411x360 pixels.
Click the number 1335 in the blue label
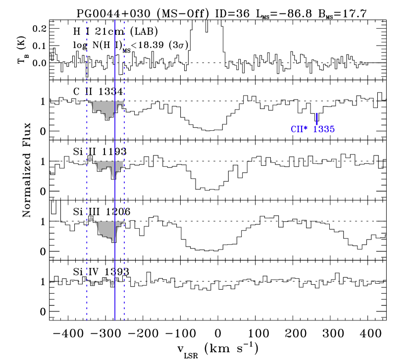click(x=324, y=129)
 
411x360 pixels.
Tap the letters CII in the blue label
click(x=297, y=129)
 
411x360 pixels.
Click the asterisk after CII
click(x=306, y=128)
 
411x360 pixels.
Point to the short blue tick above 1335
click(x=317, y=118)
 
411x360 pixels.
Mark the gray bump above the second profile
click(x=90, y=158)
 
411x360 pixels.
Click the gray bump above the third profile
click(x=91, y=218)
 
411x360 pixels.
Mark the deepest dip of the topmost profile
click(x=108, y=119)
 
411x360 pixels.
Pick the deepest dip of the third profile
click(x=114, y=241)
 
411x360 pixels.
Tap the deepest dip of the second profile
click(x=113, y=178)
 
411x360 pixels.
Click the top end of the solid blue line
click(x=115, y=20)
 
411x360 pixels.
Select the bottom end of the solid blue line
click(x=115, y=320)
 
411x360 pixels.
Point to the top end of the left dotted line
click(x=87, y=22)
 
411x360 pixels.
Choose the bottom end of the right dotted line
click(x=124, y=320)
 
